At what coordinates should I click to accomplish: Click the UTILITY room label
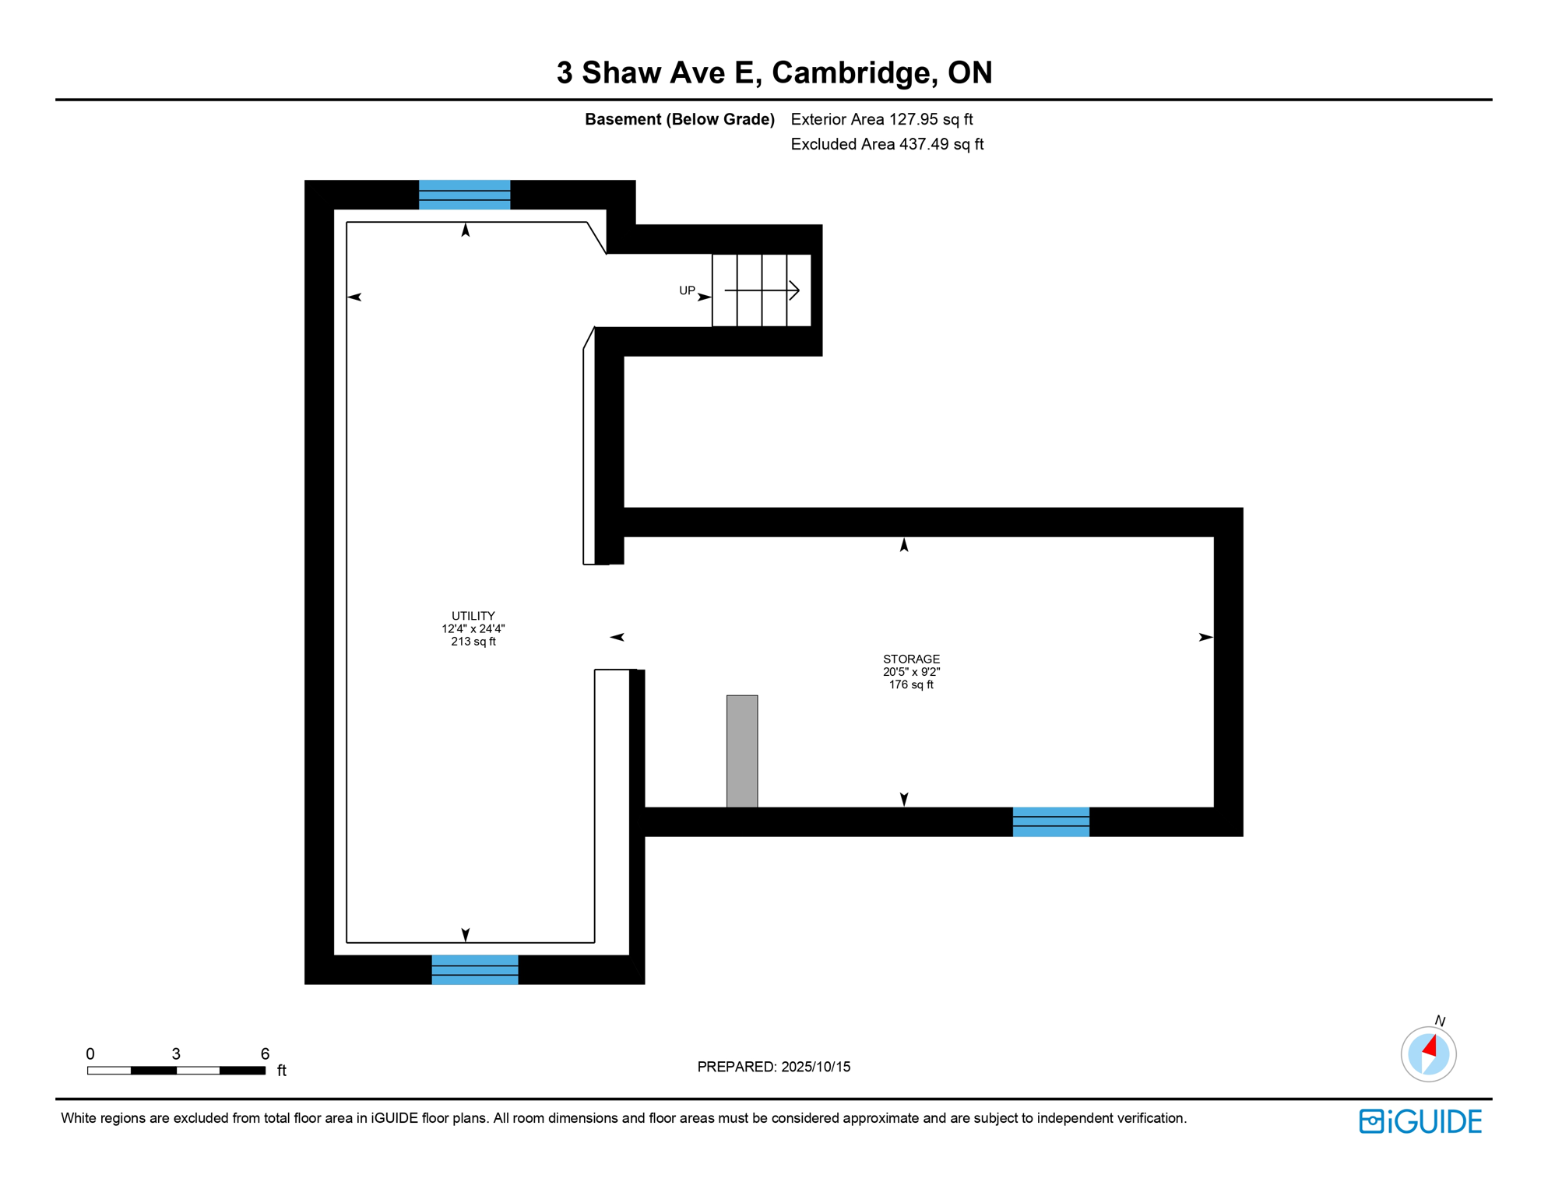[x=473, y=616]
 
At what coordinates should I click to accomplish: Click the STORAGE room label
[x=911, y=659]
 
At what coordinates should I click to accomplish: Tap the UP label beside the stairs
[x=687, y=290]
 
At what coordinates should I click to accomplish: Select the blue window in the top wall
[x=465, y=195]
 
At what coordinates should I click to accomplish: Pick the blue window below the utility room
[x=475, y=969]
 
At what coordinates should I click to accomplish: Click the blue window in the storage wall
[x=1050, y=822]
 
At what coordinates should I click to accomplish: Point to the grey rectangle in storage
[x=742, y=751]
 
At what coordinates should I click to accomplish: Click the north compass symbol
[x=1428, y=1054]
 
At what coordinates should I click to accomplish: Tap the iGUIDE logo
[x=1420, y=1121]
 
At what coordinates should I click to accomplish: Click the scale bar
[x=176, y=1071]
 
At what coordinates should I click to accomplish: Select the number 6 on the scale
[x=265, y=1054]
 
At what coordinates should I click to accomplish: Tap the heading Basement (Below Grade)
[x=679, y=119]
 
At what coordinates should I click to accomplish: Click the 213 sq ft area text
[x=473, y=642]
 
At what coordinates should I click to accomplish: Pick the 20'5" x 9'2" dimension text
[x=911, y=672]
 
